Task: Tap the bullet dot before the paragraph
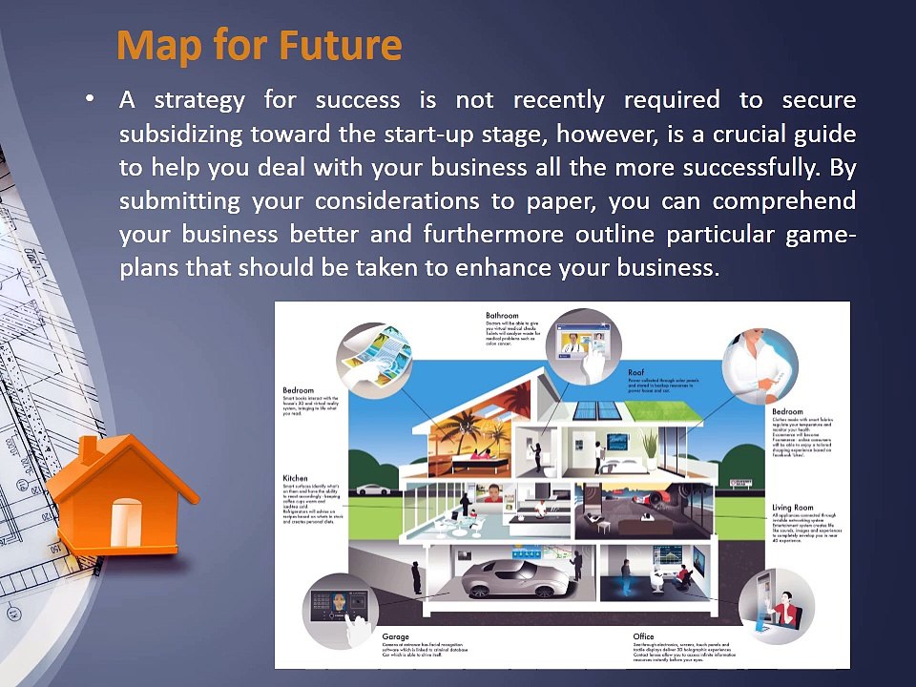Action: (90, 99)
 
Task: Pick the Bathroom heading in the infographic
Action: (502, 315)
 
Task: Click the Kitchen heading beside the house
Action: (296, 478)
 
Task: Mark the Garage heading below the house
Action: (396, 635)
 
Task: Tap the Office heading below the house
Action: (643, 635)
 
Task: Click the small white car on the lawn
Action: (374, 489)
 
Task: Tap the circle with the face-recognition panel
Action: (341, 610)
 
